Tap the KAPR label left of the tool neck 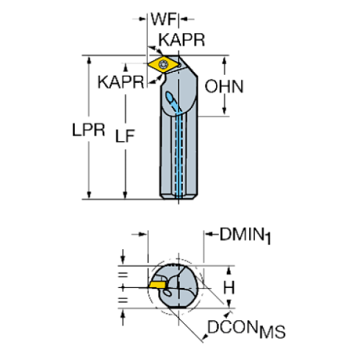pos(120,82)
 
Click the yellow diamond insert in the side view pos(161,65)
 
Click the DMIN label pos(243,235)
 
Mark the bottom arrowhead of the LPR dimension pos(89,195)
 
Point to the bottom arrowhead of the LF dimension pos(125,195)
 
